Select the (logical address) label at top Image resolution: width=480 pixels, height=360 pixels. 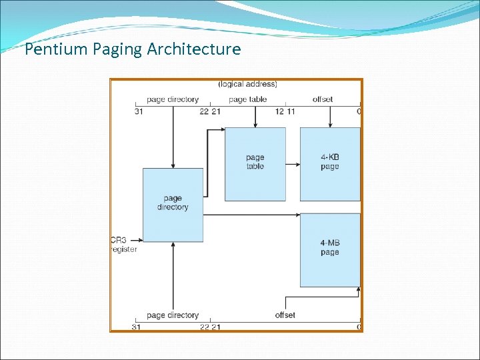point(247,84)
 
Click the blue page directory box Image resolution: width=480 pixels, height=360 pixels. point(173,204)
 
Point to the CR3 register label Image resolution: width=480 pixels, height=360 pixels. point(124,245)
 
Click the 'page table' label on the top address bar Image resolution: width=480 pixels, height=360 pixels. point(247,99)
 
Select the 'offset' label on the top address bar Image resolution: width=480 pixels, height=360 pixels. point(323,99)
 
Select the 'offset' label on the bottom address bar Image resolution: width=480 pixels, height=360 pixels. point(285,315)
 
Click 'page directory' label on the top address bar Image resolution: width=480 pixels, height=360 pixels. point(173,99)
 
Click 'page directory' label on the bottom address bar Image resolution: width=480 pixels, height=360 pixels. point(173,315)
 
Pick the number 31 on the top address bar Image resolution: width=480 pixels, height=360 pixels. point(138,111)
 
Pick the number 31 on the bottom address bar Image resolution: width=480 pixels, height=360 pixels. point(136,327)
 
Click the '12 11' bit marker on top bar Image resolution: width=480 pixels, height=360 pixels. point(285,111)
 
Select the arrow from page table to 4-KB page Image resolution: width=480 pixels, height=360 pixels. point(293,159)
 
